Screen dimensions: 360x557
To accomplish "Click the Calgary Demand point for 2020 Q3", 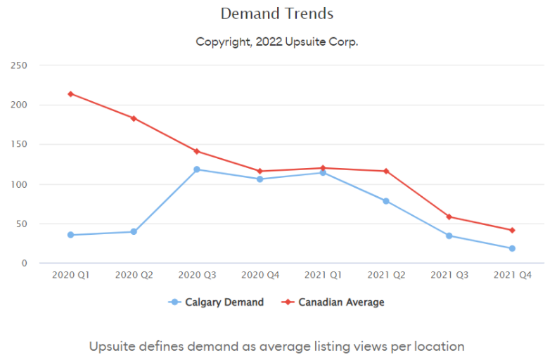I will (x=197, y=169).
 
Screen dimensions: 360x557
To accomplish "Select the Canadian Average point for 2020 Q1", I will (x=70, y=94).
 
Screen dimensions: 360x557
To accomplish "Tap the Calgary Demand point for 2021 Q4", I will (x=512, y=248).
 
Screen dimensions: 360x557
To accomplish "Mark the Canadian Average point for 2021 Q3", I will (x=449, y=217).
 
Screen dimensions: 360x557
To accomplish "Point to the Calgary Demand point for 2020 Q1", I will (x=70, y=235).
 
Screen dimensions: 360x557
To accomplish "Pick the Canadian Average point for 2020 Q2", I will (x=134, y=118).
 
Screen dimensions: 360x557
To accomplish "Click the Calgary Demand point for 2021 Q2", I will (x=386, y=201).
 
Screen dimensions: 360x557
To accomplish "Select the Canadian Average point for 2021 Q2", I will (x=386, y=171).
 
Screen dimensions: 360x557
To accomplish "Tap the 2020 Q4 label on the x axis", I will (x=260, y=275).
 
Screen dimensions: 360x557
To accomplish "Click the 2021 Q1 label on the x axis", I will (x=323, y=275).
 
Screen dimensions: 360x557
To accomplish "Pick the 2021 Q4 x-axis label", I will (x=512, y=275).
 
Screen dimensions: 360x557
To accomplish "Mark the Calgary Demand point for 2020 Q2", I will (x=134, y=231).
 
